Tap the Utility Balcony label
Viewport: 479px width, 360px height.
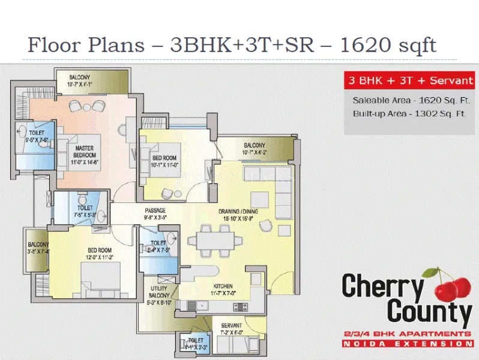pyautogui.click(x=159, y=294)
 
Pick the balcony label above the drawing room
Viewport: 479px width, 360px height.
pyautogui.click(x=255, y=148)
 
